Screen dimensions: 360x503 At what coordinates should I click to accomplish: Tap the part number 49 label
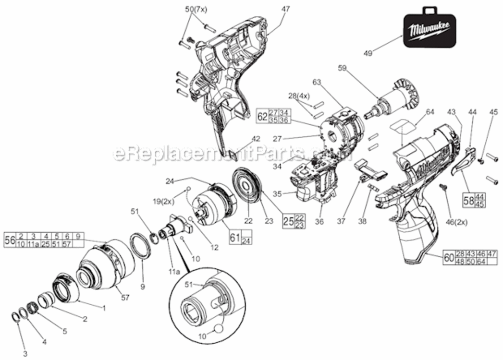[x=368, y=53]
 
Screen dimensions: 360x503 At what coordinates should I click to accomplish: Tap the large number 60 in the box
[x=448, y=257]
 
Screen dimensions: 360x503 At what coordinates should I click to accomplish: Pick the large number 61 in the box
[x=234, y=237]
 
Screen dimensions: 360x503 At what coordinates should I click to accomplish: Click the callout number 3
[x=25, y=354]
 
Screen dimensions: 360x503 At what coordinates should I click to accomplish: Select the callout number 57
[x=125, y=298]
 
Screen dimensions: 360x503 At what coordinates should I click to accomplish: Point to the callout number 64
[x=429, y=112]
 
